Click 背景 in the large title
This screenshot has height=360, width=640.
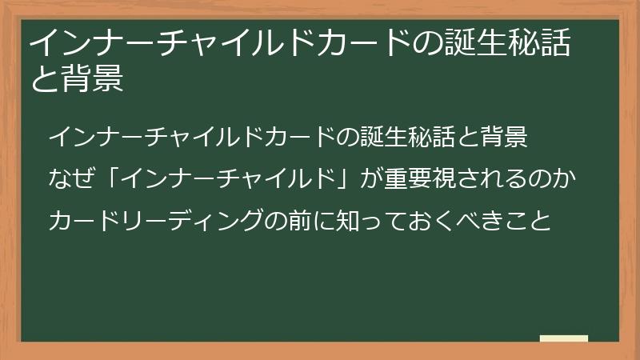tap(93, 78)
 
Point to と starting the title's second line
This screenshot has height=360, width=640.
tap(46, 78)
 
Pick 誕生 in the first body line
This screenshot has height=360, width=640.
tap(384, 137)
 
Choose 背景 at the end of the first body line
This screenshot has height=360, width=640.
tap(505, 137)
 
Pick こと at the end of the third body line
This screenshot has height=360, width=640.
tap(527, 221)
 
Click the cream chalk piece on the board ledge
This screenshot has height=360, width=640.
tap(564, 338)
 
